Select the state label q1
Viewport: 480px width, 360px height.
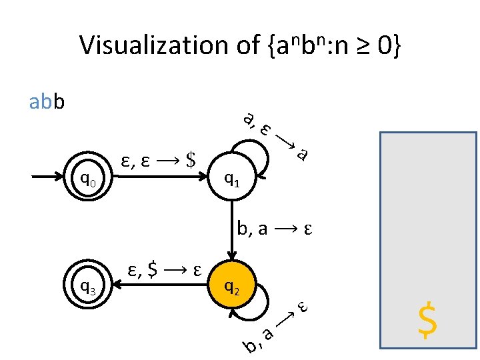[x=232, y=178]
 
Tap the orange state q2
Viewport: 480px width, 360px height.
[x=232, y=287]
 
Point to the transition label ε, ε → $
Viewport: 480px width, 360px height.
[x=159, y=161]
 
